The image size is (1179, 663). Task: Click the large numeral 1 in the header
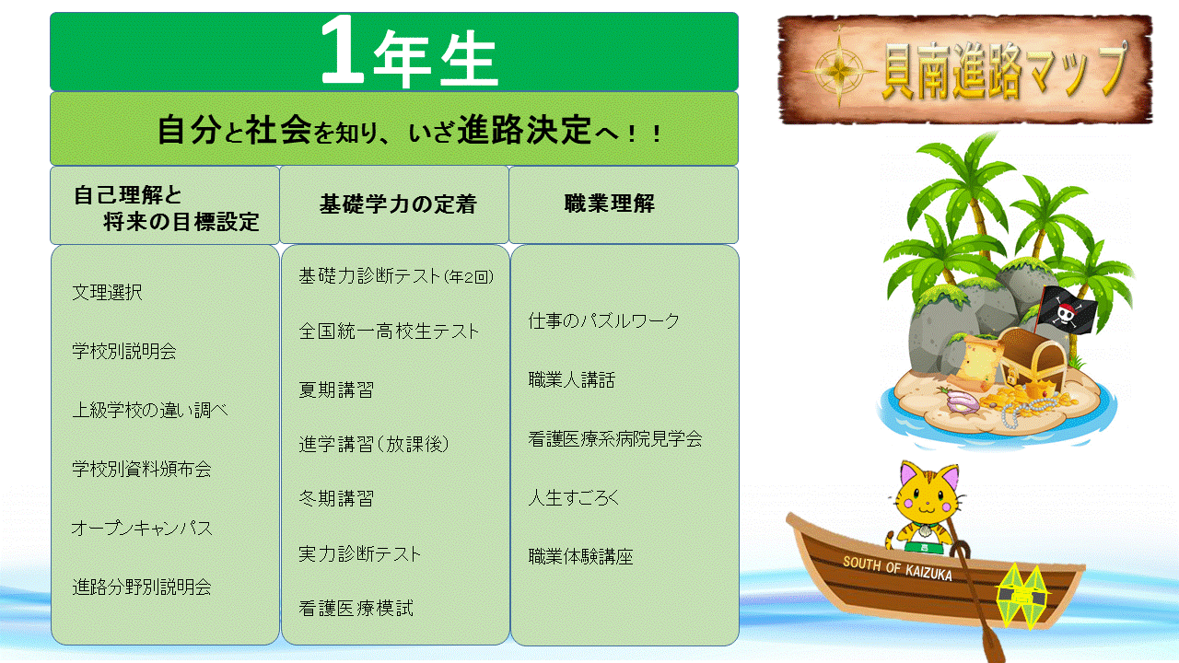pyautogui.click(x=342, y=50)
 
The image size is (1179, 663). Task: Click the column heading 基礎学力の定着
pyautogui.click(x=398, y=204)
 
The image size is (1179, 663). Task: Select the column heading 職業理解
pyautogui.click(x=610, y=204)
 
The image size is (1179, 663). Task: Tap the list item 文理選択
pyautogui.click(x=108, y=292)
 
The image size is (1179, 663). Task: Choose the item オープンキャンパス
pyautogui.click(x=142, y=528)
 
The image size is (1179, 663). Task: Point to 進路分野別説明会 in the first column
pyautogui.click(x=142, y=587)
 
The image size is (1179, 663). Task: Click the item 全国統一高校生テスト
pyautogui.click(x=389, y=331)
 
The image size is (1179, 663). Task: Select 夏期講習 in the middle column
pyautogui.click(x=336, y=390)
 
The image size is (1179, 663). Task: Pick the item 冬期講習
pyautogui.click(x=336, y=498)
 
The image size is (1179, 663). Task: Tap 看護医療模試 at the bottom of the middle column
pyautogui.click(x=356, y=609)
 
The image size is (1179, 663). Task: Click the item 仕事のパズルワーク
pyautogui.click(x=604, y=320)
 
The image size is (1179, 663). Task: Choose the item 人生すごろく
pyautogui.click(x=574, y=497)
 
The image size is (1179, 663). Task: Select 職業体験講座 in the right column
pyautogui.click(x=580, y=556)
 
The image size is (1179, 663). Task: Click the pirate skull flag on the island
pyautogui.click(x=1068, y=309)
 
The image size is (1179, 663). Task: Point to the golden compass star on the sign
pyautogui.click(x=839, y=69)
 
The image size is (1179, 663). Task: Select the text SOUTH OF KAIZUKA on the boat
pyautogui.click(x=897, y=568)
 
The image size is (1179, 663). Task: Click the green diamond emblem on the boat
pyautogui.click(x=1022, y=596)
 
